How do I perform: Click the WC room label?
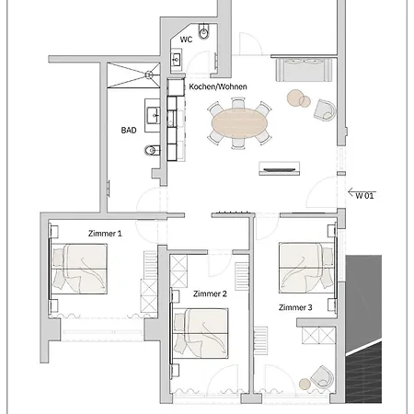coord(186,40)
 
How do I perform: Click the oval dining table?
coord(241,121)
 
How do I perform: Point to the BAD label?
coord(129,131)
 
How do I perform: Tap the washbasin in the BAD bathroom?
coord(155,116)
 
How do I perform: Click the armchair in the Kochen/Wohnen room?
coord(324,109)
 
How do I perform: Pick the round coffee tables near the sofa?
coord(298,98)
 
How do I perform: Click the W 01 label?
coord(366,195)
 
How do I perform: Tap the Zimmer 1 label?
coord(105,234)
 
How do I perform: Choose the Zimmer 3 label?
coord(295,306)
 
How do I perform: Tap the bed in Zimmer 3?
coord(305,267)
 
